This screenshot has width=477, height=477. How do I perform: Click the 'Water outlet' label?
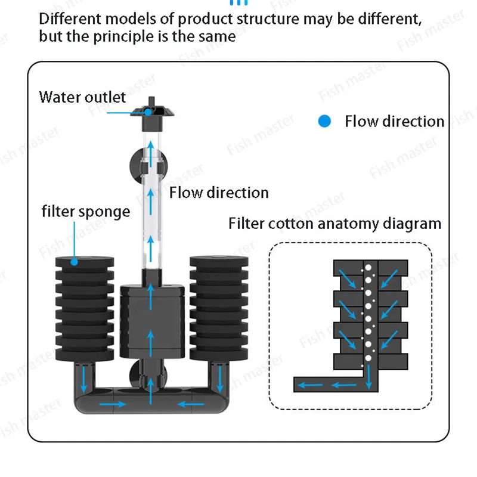click(x=82, y=97)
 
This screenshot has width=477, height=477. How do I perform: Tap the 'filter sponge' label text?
click(x=86, y=212)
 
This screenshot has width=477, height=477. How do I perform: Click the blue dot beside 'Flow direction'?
click(x=324, y=122)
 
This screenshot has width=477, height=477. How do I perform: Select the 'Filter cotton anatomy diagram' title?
click(x=335, y=224)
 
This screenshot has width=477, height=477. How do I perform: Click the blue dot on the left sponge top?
click(x=75, y=261)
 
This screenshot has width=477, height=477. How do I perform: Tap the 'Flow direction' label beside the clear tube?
click(x=219, y=193)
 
